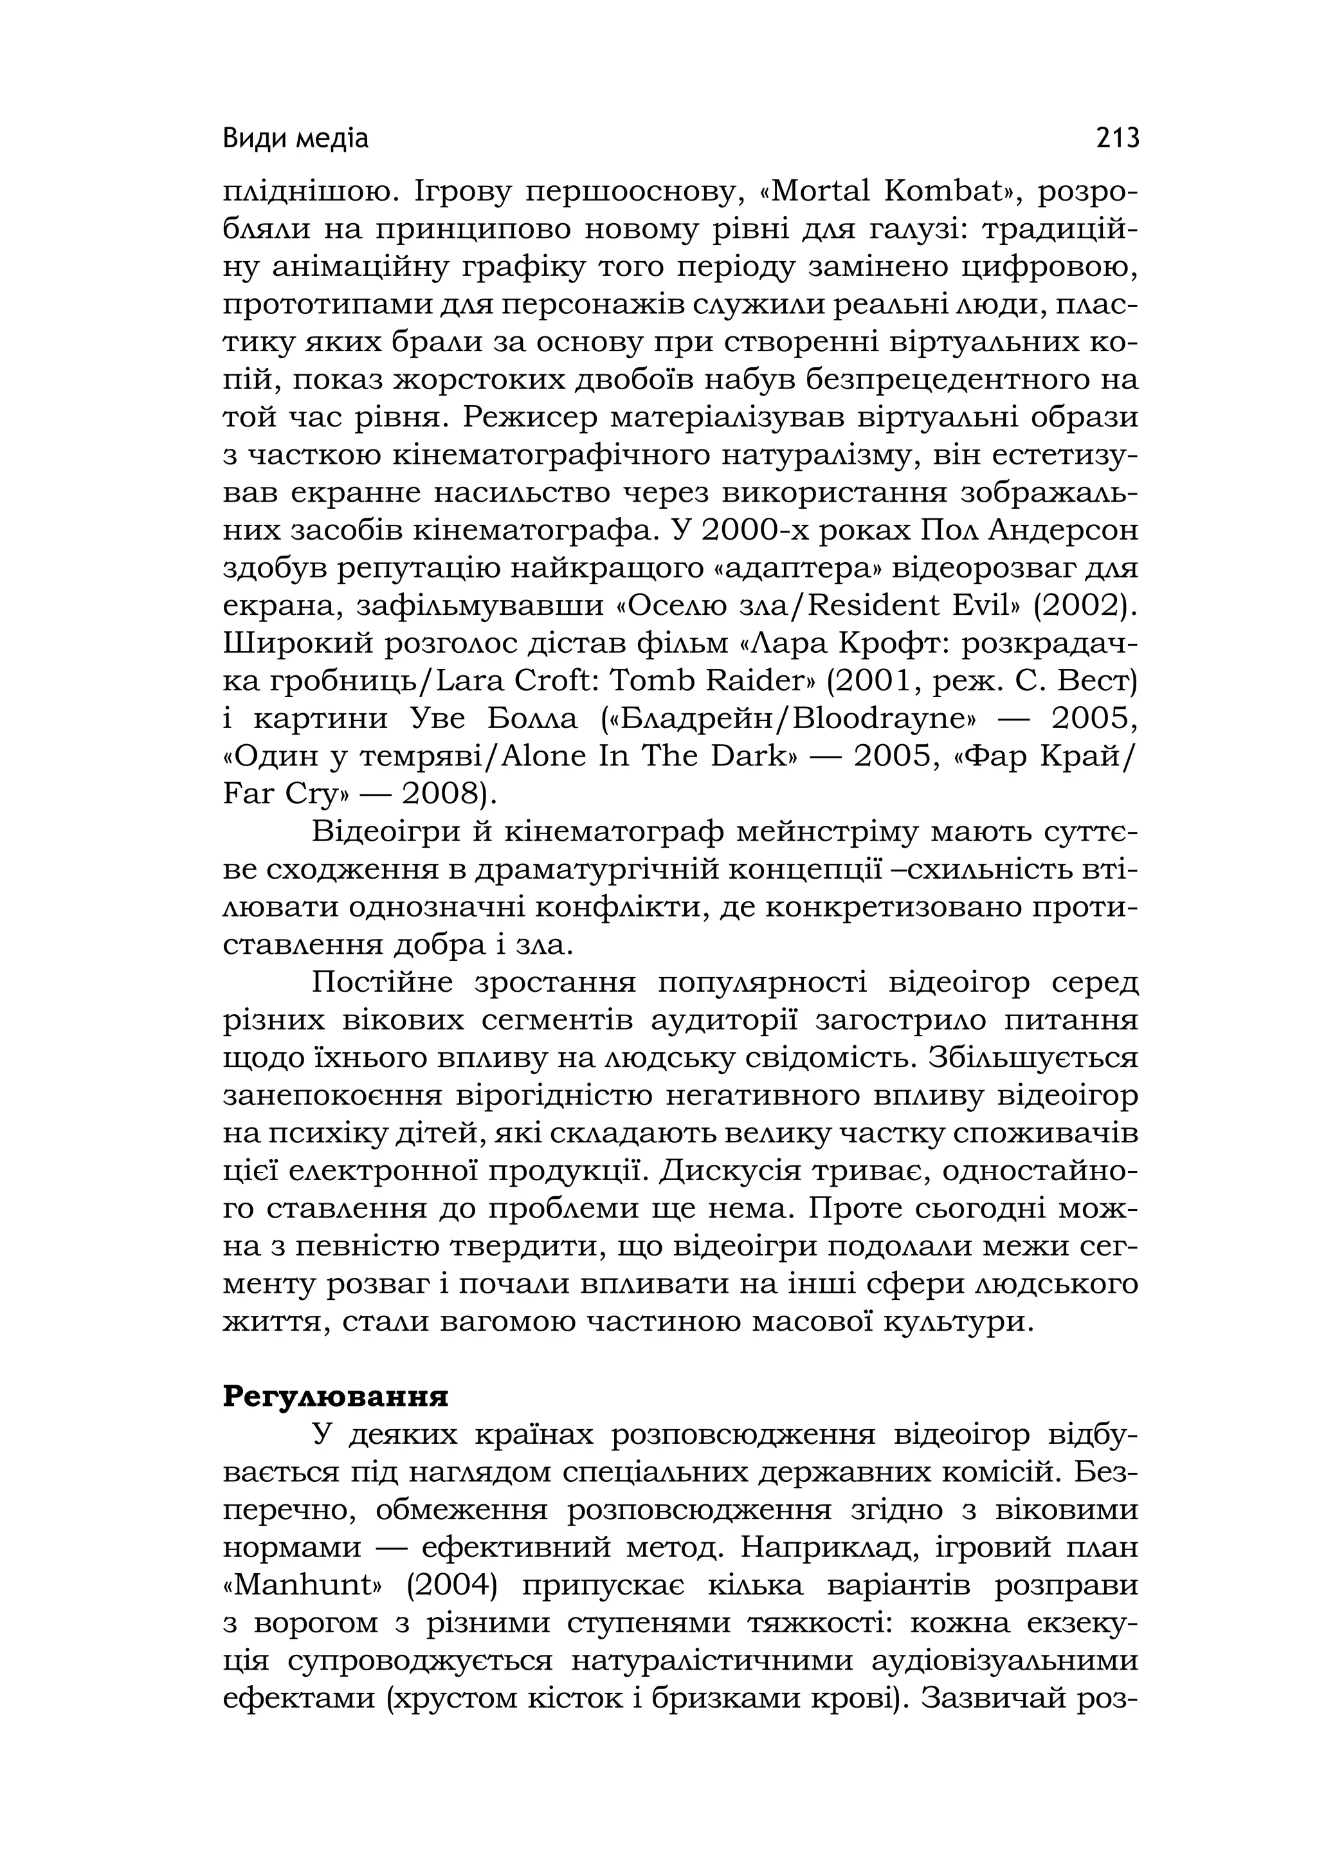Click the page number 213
pyautogui.click(x=1117, y=138)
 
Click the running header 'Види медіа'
pyautogui.click(x=295, y=139)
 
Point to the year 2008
pyautogui.click(x=441, y=793)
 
